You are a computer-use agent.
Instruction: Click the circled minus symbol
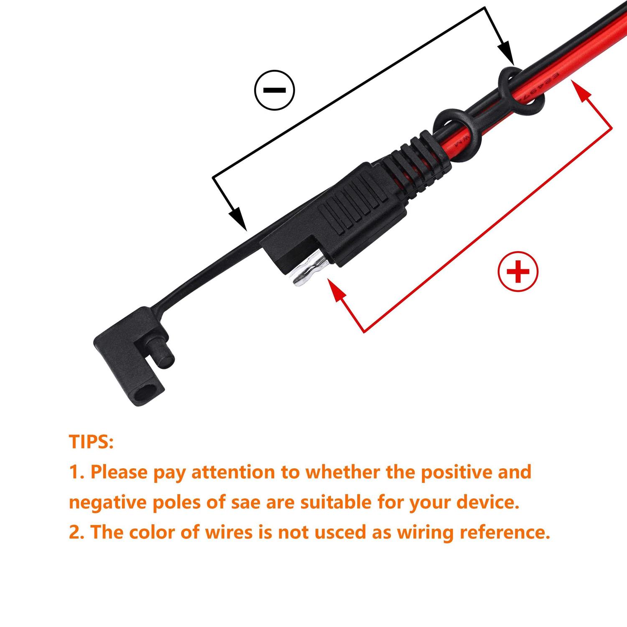pyautogui.click(x=275, y=90)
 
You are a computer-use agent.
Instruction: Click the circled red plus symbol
pyautogui.click(x=518, y=272)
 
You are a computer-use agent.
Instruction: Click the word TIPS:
pyautogui.click(x=91, y=442)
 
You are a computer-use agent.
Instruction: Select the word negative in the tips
pyautogui.click(x=106, y=502)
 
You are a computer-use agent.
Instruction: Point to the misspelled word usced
pyautogui.click(x=342, y=533)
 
